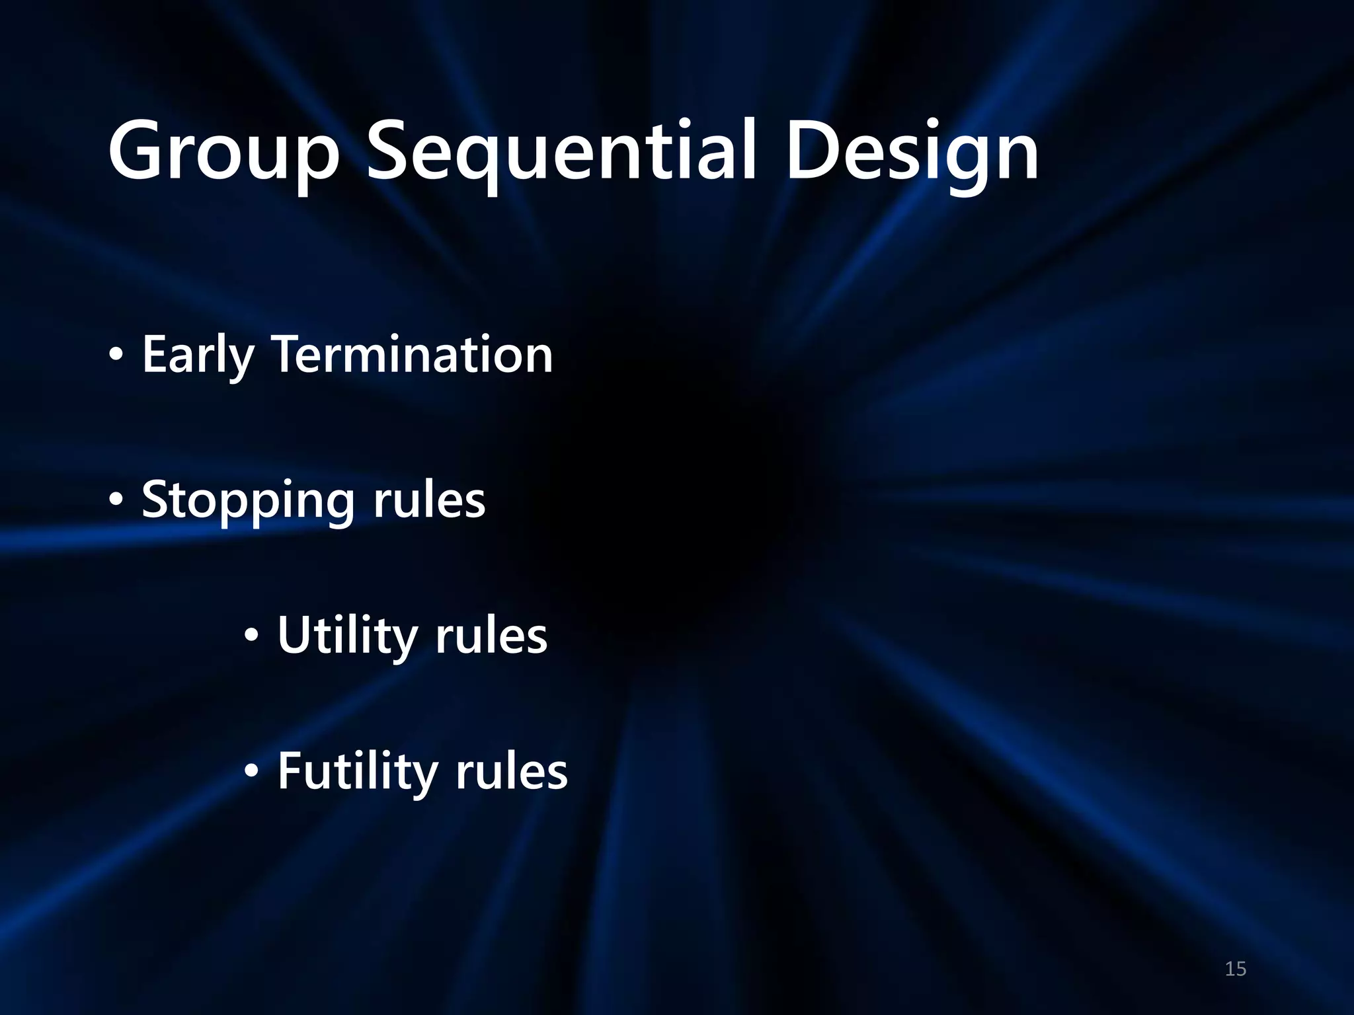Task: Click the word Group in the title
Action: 223,152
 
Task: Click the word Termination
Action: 413,354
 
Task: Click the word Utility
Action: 347,636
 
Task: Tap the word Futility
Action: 358,772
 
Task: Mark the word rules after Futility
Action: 512,771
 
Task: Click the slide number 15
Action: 1235,969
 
